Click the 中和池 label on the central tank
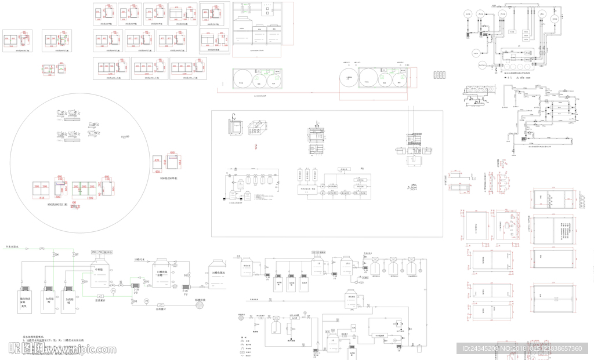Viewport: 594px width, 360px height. tap(98, 270)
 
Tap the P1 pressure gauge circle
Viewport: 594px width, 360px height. tap(114, 290)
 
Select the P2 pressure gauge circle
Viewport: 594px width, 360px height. tap(147, 301)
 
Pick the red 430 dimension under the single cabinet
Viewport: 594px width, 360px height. tap(156, 172)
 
